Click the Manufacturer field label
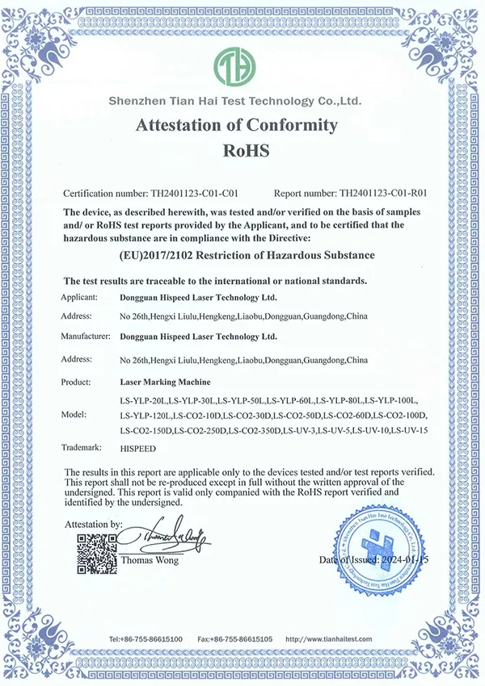91,335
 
